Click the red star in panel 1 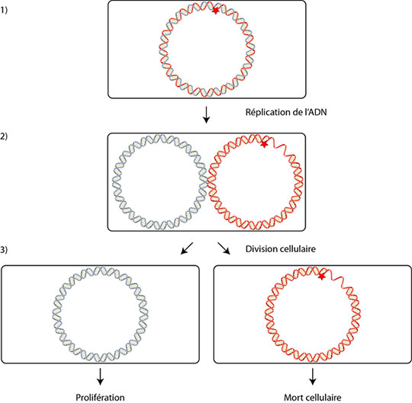coord(215,11)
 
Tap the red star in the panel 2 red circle coord(264,144)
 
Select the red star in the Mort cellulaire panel coord(322,277)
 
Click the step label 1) coord(4,11)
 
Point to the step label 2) coord(4,136)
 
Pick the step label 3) coord(4,250)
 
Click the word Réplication coord(265,113)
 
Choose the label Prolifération coord(100,398)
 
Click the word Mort coord(294,398)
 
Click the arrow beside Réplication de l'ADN coord(207,115)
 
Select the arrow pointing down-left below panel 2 coord(187,248)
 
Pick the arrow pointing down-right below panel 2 coord(224,248)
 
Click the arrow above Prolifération coord(100,376)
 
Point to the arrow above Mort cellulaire coord(312,376)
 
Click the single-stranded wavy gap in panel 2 coord(279,147)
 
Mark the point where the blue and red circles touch coord(207,182)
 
